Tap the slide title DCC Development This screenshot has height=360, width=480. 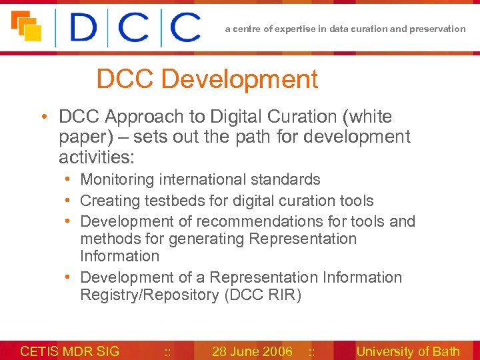coord(207,79)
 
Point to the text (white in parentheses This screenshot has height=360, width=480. coord(367,117)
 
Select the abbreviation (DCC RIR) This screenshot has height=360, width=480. coord(263,295)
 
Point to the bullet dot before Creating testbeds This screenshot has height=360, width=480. coord(69,201)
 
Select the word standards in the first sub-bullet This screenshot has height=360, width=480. coord(289,179)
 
